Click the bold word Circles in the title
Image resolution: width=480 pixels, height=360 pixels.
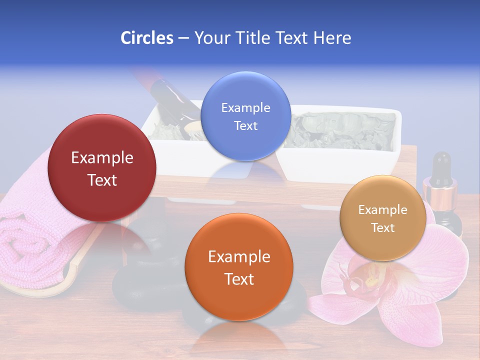point(146,37)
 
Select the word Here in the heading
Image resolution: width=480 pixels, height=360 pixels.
point(332,37)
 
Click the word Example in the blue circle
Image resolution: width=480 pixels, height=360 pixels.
point(245,107)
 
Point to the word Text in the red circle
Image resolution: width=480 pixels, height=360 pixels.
point(102,180)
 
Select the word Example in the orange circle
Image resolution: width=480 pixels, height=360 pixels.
point(239,256)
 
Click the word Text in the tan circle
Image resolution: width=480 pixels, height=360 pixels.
point(382,228)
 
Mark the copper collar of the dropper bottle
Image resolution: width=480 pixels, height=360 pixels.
point(440,190)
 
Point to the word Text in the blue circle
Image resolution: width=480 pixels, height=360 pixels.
point(245,125)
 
